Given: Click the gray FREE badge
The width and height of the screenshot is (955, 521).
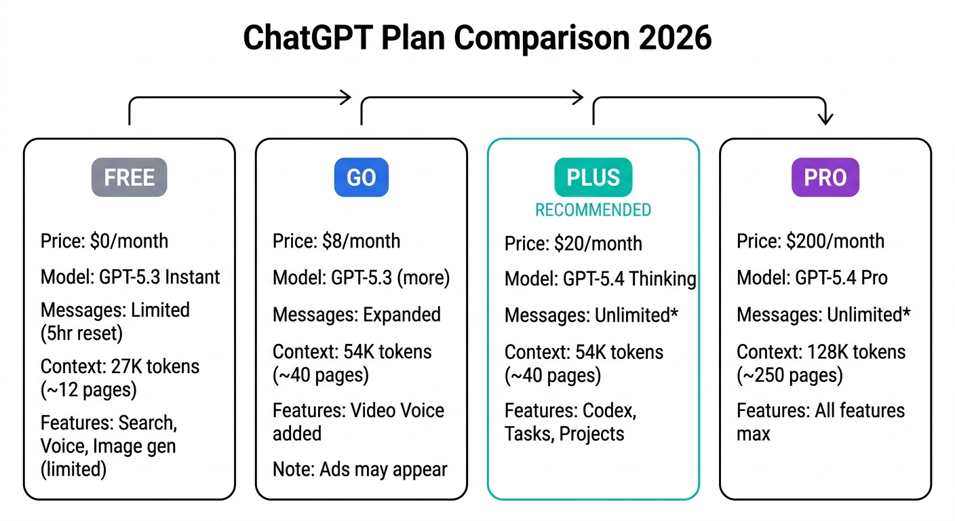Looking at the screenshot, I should (x=129, y=178).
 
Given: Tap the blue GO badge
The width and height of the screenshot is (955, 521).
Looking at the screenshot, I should (x=361, y=178).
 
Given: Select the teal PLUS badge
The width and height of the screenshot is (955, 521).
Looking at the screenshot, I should (x=593, y=178).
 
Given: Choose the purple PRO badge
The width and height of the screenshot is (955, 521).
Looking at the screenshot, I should (x=825, y=178).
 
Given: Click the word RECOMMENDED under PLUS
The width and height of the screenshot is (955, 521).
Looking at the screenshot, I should (x=593, y=210).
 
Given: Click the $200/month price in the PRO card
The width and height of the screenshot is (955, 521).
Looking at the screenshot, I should (x=836, y=241).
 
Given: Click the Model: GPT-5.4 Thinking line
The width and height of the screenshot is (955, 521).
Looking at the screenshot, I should (x=600, y=279).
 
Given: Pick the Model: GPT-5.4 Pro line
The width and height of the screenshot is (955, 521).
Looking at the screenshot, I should (x=812, y=277).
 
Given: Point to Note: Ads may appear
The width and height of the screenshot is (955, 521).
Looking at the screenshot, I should (x=360, y=469).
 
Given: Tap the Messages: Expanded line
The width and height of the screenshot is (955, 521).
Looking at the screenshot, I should (x=357, y=315).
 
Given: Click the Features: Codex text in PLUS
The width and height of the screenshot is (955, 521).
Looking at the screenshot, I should (x=570, y=410).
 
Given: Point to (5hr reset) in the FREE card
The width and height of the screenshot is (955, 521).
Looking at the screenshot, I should (x=81, y=332).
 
